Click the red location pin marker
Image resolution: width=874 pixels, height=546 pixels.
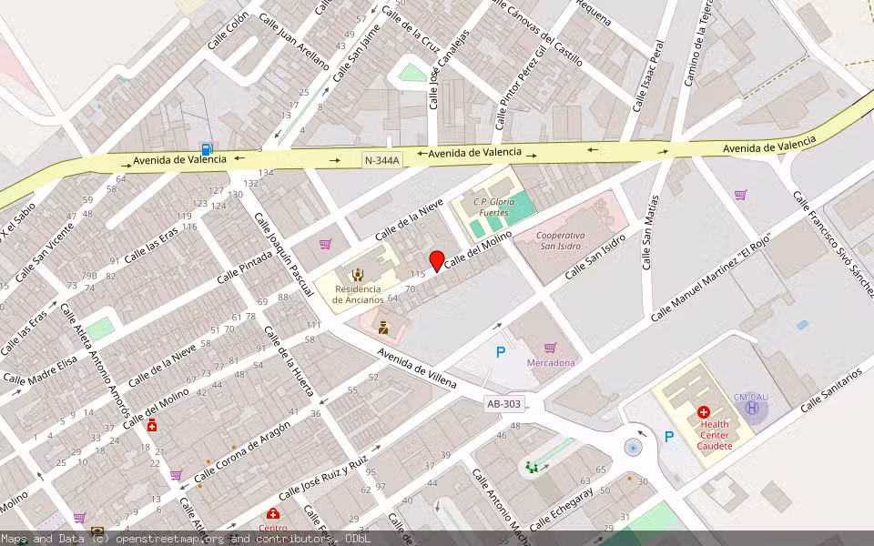point(437,261)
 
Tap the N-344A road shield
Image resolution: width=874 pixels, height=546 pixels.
point(381,159)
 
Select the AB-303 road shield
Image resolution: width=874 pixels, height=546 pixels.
point(504,403)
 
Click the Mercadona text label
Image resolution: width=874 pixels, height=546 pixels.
point(551,362)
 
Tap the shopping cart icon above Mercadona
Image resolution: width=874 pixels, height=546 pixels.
point(550,347)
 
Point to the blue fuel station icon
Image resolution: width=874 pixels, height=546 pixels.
point(208,149)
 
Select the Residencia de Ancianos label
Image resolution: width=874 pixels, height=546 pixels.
point(358,294)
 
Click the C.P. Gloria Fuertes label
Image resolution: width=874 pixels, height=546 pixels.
point(494,207)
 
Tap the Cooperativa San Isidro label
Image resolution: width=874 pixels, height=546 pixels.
point(561,240)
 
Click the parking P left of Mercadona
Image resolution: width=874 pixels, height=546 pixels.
point(500,352)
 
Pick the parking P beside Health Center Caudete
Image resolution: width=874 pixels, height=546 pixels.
point(669,437)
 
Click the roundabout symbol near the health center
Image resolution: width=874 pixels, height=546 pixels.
point(633,448)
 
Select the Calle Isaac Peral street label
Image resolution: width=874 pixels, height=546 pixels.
point(650,76)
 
